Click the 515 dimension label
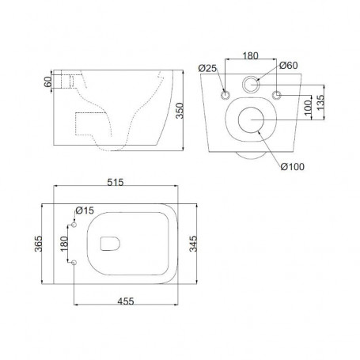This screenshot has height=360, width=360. coord(116,182)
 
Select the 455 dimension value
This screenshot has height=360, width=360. coord(126,301)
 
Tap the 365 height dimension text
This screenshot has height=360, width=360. coord(39,244)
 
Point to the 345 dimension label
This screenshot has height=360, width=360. coord(193,244)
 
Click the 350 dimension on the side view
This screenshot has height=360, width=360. coord(180,111)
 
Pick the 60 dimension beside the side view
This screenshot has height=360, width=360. coord(48,81)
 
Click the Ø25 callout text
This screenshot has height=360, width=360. coord(207,68)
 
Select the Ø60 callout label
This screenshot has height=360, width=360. coord(289,65)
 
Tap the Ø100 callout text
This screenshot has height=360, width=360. coord(293,167)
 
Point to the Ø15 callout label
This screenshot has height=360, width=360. coord(85,210)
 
